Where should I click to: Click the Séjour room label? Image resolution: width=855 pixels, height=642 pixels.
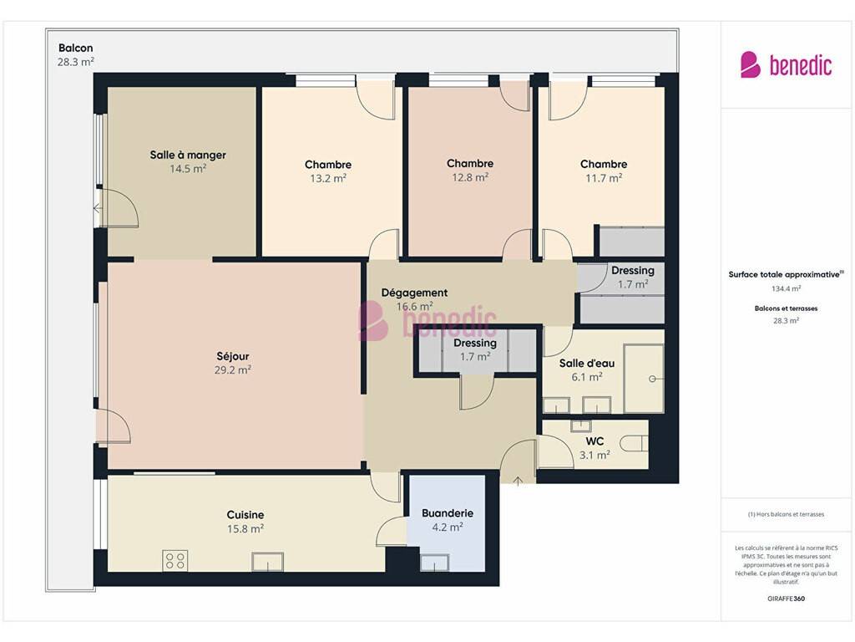point(233,356)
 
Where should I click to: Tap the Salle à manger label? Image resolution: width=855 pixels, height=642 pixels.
point(188,155)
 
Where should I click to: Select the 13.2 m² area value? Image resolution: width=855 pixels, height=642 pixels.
point(328,178)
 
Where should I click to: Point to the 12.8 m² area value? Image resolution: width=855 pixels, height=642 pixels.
point(470,177)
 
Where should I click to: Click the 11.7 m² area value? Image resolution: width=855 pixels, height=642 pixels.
point(604,177)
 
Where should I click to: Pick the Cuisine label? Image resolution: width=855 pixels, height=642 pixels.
point(245,515)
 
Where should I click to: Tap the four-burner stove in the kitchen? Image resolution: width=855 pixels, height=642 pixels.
point(175,561)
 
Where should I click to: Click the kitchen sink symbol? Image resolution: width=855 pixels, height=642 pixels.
point(267,562)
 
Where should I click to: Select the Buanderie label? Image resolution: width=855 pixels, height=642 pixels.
point(448,513)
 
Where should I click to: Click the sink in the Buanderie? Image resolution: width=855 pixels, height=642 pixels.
point(434,563)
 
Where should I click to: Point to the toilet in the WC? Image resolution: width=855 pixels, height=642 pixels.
point(635,443)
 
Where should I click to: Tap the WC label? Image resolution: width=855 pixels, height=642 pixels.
point(594,441)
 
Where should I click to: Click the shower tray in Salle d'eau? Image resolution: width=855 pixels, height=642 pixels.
point(644,379)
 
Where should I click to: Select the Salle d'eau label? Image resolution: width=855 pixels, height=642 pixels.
point(587,363)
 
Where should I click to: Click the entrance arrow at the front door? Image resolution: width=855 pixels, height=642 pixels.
point(518,481)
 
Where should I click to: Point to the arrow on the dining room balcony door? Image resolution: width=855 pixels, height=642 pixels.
point(98,208)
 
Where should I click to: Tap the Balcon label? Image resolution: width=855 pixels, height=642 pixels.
point(76,48)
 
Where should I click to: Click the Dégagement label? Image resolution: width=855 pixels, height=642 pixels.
point(414,293)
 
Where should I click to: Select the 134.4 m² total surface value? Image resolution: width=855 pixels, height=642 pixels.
point(787,288)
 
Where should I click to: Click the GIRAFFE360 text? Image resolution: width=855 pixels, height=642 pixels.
point(787,599)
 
